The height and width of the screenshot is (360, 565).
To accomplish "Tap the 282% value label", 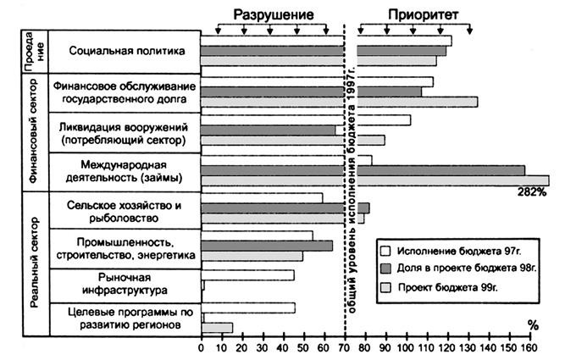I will [x=533, y=192].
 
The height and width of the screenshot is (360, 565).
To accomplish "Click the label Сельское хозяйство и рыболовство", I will [x=124, y=211].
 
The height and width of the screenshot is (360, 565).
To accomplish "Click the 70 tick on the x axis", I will [x=345, y=346].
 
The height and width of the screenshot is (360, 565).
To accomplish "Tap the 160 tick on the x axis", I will [x=529, y=346].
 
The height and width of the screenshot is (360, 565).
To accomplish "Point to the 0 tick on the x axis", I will [x=201, y=346].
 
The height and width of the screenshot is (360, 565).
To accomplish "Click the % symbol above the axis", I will [x=532, y=324].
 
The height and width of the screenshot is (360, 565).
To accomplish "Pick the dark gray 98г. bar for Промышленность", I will [x=267, y=246].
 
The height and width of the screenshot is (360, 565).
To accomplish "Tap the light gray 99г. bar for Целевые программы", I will [x=217, y=328].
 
